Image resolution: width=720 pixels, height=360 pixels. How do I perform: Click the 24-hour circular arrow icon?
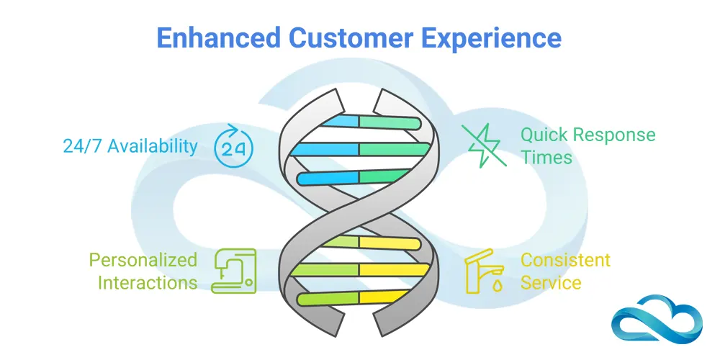234,146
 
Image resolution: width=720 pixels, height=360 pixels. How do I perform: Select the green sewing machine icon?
234,271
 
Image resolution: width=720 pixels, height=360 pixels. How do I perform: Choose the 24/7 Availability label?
130,146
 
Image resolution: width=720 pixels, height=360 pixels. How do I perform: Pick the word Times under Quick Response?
546,157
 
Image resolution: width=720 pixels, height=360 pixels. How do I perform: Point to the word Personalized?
143,259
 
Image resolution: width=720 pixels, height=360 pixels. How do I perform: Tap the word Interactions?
148,282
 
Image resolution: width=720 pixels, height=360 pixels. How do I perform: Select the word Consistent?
565,259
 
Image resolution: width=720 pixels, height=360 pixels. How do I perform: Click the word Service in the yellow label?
551,282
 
